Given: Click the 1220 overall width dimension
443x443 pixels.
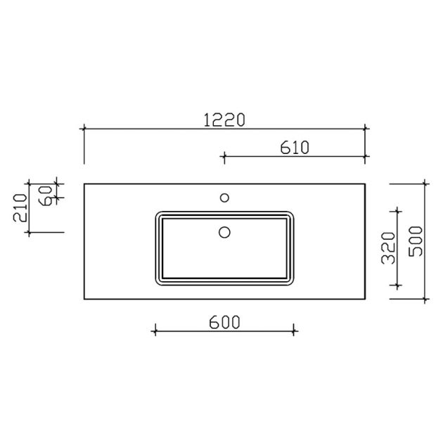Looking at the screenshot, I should (224, 120).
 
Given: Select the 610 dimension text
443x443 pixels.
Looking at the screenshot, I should (295, 147).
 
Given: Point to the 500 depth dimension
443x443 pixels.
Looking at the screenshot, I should (416, 240).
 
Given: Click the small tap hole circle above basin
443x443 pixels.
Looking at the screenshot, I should (225, 198).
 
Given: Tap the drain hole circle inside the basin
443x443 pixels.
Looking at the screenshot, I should (225, 231).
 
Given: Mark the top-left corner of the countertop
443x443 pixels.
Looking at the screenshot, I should (84, 184).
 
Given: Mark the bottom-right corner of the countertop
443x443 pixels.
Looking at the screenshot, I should (366, 300).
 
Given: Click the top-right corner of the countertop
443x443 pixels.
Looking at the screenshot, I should (366, 184).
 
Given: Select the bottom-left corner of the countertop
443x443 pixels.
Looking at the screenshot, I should (84, 300).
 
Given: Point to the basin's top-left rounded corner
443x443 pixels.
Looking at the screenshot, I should (157, 213).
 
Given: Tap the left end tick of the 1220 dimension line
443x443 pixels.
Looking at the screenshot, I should (84, 129).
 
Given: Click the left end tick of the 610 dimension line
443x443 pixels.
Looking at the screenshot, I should (224, 155).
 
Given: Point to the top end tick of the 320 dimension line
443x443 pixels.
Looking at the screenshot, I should (398, 210).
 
